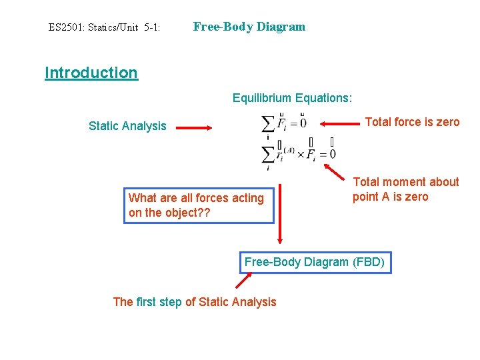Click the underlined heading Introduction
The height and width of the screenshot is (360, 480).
coord(91,73)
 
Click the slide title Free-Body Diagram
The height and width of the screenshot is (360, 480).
coord(249,27)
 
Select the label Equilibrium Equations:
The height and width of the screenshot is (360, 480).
coord(292,98)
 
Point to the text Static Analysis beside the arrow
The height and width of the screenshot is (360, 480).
coord(127,126)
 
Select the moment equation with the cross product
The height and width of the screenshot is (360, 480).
coord(299,154)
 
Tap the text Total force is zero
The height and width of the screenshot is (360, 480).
coord(412,122)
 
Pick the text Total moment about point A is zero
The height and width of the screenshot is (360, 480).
coord(405,189)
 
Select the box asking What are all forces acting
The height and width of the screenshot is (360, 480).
coord(198,205)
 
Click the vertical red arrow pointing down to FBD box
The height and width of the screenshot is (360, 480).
coord(280,213)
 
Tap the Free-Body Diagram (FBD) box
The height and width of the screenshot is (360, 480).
coord(314,262)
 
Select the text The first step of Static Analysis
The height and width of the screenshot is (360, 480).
coord(194,302)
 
